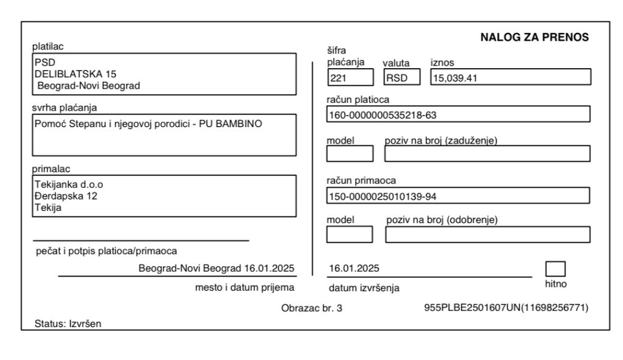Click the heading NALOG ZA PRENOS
point(534,37)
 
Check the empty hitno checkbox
point(555,269)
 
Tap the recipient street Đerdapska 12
point(66,196)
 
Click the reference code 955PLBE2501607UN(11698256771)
point(506,308)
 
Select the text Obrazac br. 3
point(311,308)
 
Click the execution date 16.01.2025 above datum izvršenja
point(354,268)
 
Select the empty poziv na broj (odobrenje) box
point(487,235)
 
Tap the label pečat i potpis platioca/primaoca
point(107,251)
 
